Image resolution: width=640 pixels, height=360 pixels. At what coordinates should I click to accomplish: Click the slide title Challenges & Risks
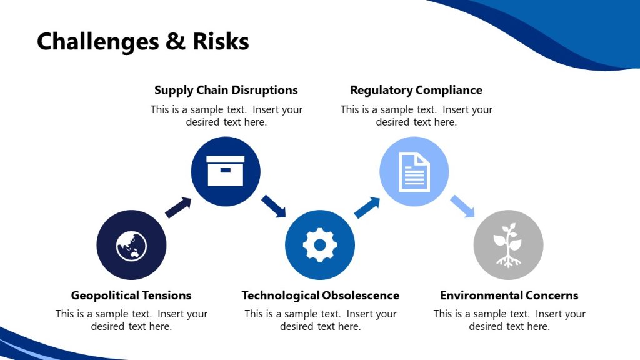click(142, 42)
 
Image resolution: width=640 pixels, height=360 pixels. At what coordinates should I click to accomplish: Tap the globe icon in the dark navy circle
click(131, 245)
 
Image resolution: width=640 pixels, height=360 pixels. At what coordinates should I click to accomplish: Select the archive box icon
click(225, 171)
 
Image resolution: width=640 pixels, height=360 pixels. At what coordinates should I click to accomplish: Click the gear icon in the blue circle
click(320, 245)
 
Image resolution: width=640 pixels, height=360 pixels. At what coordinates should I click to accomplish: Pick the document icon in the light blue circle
click(414, 171)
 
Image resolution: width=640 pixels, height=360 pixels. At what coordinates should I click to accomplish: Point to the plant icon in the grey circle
click(508, 245)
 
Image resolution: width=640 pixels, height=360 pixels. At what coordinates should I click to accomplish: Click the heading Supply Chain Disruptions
click(226, 90)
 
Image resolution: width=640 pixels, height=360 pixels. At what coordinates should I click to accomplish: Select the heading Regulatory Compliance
click(416, 90)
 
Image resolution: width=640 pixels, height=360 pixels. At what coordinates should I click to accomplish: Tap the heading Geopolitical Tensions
click(131, 296)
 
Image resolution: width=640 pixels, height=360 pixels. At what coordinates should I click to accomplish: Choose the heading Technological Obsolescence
click(320, 296)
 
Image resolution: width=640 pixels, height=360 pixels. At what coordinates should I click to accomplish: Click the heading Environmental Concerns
click(509, 296)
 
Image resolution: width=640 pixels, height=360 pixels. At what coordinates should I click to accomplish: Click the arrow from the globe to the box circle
click(178, 207)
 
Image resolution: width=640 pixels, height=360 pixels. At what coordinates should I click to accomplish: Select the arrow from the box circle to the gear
click(273, 206)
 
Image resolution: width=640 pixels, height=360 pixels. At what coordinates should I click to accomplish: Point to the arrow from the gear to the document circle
click(367, 207)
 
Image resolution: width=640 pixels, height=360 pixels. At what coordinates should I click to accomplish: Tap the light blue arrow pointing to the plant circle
click(462, 206)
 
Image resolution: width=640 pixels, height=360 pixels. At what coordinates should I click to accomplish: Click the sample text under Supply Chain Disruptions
click(226, 116)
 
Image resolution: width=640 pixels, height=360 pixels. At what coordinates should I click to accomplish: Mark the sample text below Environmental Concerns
click(509, 320)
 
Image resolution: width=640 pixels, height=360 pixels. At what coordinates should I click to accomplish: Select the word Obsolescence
click(360, 296)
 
